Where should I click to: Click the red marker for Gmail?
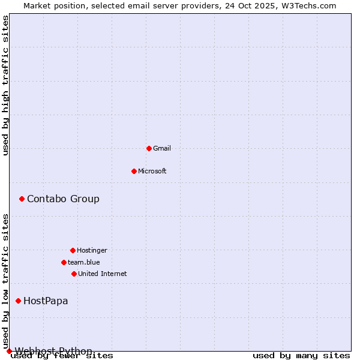pos(149,148)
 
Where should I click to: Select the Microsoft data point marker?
pos(134,171)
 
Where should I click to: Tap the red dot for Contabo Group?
pos(22,199)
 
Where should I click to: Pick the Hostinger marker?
pos(73,250)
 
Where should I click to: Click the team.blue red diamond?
pos(64,262)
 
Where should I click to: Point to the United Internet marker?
pos(74,274)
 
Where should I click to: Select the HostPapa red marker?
pos(18,301)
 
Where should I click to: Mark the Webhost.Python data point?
pos(9,351)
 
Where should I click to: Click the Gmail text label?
pos(162,148)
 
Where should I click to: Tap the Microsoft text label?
pos(152,171)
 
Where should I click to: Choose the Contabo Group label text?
pos(63,199)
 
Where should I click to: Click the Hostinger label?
pos(92,250)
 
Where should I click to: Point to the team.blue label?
pos(84,262)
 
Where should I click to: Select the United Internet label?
pos(103,274)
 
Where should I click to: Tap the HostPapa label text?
pos(46,301)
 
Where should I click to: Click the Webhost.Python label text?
pos(53,351)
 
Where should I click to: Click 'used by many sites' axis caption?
pos(301,356)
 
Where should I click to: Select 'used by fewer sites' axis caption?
pos(62,356)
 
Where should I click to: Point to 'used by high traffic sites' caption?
pos(6,86)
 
